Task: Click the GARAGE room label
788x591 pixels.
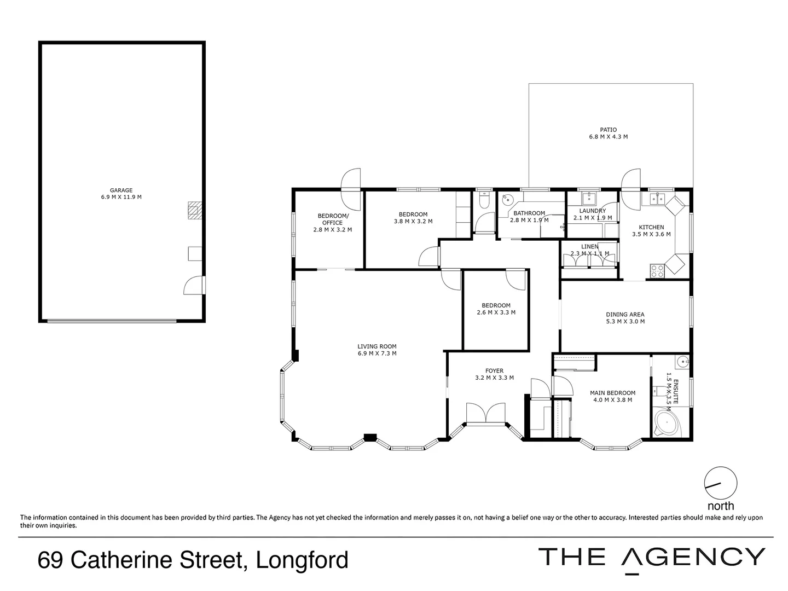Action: tap(121, 190)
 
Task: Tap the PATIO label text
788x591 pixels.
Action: tap(608, 130)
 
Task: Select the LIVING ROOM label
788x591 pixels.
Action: tap(376, 346)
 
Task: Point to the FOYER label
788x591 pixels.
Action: tap(494, 371)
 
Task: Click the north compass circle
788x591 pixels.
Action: tap(720, 483)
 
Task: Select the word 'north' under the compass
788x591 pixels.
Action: tap(720, 506)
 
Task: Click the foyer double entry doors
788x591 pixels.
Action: tap(486, 413)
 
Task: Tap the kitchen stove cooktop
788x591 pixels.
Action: tap(657, 269)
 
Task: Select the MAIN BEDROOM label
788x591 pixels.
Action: tap(612, 393)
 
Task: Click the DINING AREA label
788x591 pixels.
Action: tap(625, 315)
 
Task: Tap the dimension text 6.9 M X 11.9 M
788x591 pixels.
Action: tap(121, 197)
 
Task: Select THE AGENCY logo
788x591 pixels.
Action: tap(651, 558)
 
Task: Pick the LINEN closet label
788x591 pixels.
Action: tap(589, 247)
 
